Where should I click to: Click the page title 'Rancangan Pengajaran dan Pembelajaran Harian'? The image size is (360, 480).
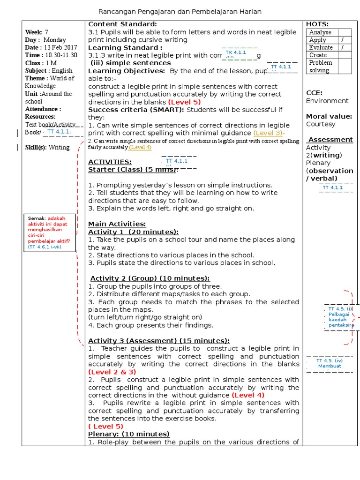pyautogui.click(x=180, y=11)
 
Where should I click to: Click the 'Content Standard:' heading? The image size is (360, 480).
pyautogui.click(x=122, y=24)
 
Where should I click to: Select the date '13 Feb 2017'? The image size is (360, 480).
pyautogui.click(x=60, y=48)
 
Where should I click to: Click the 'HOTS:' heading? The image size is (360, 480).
pyautogui.click(x=317, y=24)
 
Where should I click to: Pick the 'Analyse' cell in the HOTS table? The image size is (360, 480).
pyautogui.click(x=321, y=32)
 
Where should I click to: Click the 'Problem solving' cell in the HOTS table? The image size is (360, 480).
pyautogui.click(x=321, y=66)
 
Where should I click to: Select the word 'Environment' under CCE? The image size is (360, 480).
pyautogui.click(x=327, y=101)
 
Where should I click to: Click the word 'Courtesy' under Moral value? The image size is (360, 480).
pyautogui.click(x=321, y=124)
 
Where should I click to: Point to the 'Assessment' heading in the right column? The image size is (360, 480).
pyautogui.click(x=330, y=140)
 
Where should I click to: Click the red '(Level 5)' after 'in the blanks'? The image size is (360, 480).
pyautogui.click(x=184, y=102)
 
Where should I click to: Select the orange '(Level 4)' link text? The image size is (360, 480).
pyautogui.click(x=140, y=147)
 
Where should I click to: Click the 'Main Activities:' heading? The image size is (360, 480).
pyautogui.click(x=117, y=224)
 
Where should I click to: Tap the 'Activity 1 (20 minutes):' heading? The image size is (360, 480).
pyautogui.click(x=134, y=232)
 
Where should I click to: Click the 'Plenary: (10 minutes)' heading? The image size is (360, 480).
pyautogui.click(x=129, y=434)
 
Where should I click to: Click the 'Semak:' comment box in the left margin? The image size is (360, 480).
pyautogui.click(x=50, y=232)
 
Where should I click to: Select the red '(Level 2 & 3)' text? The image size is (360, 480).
pyautogui.click(x=112, y=372)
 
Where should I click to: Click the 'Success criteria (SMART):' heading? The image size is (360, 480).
pyautogui.click(x=136, y=110)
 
